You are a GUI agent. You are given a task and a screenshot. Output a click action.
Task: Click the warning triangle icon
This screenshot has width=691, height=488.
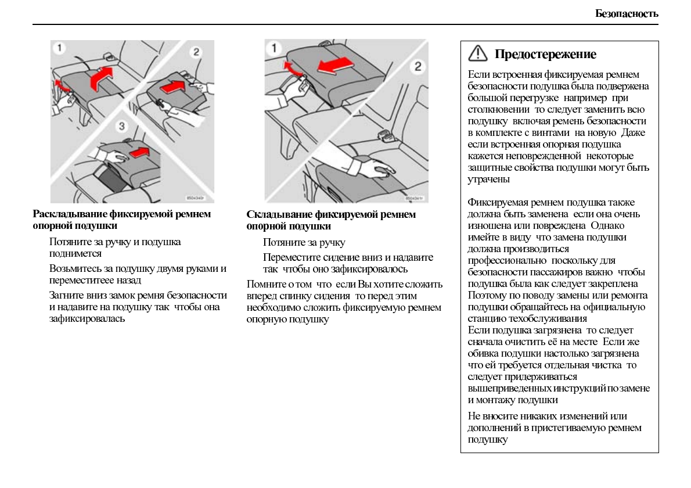[477, 53]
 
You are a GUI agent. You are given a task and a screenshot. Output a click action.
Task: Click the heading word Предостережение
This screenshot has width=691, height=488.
[545, 55]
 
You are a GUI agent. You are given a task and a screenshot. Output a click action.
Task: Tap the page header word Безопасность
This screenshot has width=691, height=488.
[627, 13]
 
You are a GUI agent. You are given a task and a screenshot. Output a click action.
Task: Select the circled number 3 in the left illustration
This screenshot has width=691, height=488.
[122, 126]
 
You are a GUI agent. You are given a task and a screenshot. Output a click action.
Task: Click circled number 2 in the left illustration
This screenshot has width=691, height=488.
[196, 52]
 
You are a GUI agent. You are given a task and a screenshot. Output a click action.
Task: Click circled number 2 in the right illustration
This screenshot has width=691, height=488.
[417, 66]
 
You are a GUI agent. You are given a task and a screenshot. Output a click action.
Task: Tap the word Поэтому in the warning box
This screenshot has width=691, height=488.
[485, 295]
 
